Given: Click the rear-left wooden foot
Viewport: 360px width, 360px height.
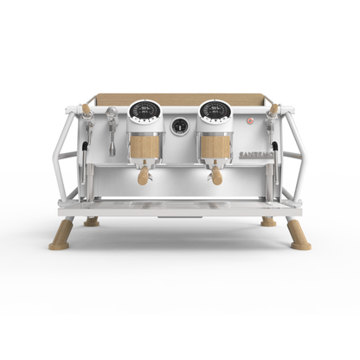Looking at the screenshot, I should click(91, 222).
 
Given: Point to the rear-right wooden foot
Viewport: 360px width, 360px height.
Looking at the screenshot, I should click(268, 222).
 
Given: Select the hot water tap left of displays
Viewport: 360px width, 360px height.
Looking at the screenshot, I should click(111, 117).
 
